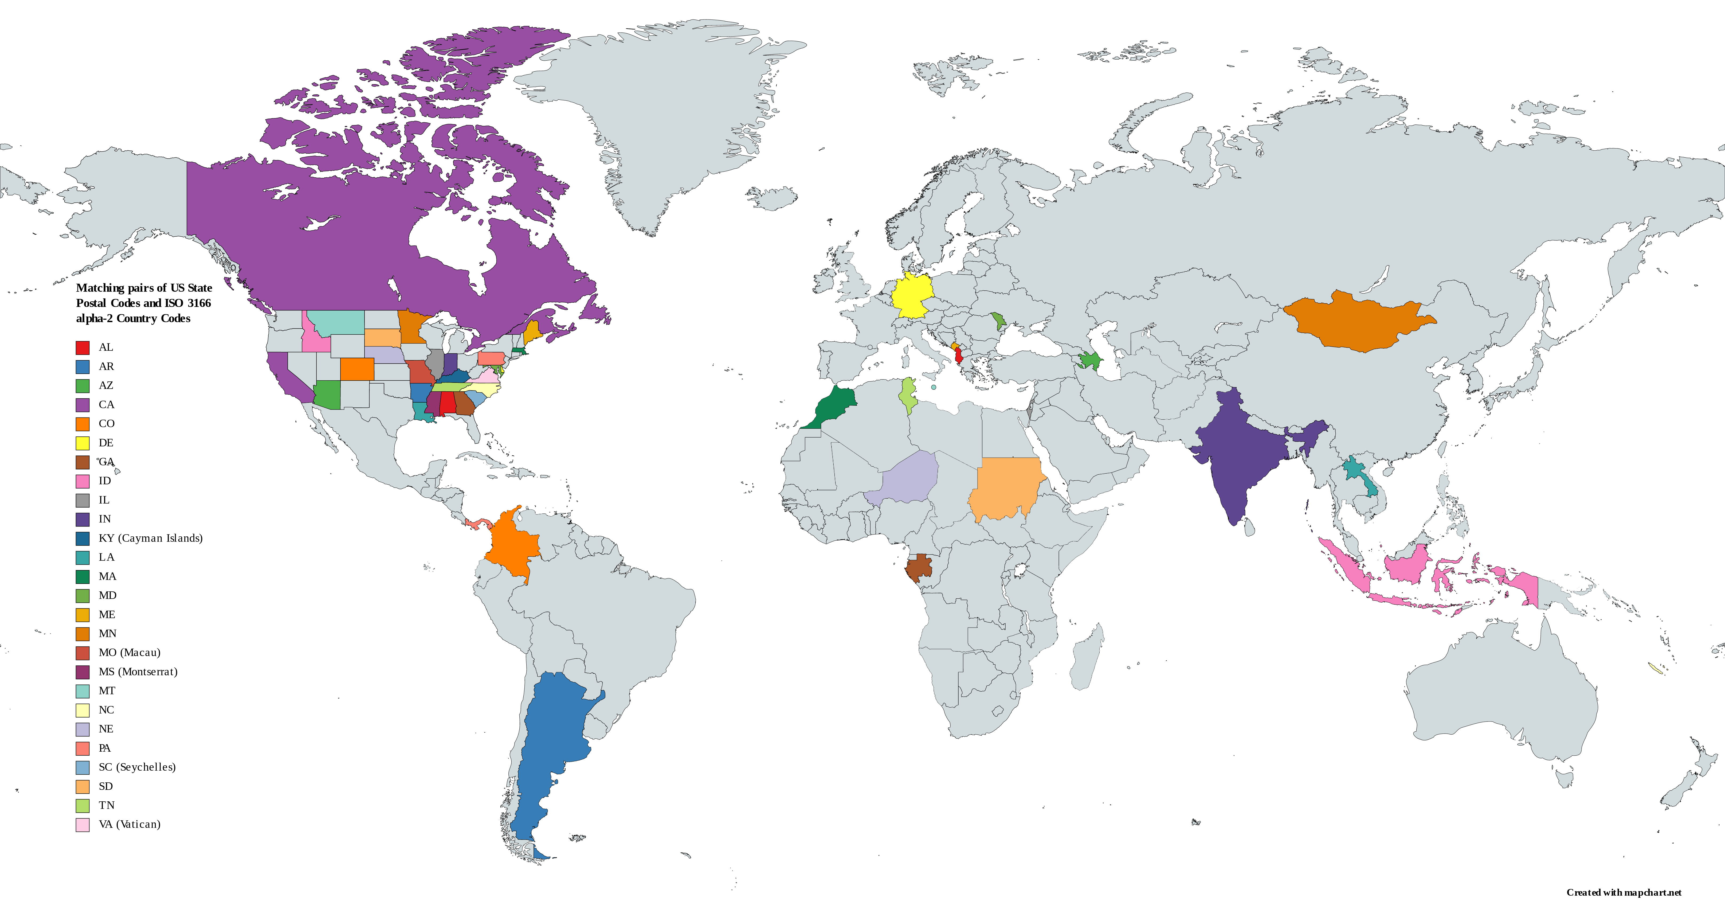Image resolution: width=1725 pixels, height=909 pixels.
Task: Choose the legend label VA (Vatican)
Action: click(129, 824)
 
